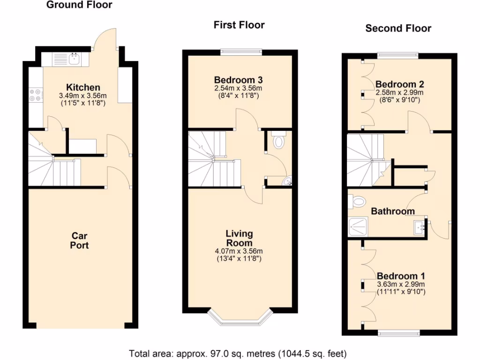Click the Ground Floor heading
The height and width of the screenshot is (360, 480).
click(x=79, y=5)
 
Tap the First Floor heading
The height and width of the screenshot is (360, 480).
click(x=239, y=25)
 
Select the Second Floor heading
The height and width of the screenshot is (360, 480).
click(x=398, y=28)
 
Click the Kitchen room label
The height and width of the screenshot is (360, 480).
click(x=83, y=88)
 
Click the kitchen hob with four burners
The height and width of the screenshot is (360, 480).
click(x=35, y=95)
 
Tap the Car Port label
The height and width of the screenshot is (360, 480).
click(x=80, y=240)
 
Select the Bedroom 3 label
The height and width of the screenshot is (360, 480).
click(x=238, y=79)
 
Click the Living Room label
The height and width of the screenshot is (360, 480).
click(x=239, y=238)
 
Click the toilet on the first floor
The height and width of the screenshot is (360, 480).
click(x=278, y=141)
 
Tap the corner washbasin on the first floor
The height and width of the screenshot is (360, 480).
click(x=286, y=181)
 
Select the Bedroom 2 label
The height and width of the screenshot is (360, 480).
click(x=399, y=84)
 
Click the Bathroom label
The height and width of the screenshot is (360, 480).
click(x=393, y=211)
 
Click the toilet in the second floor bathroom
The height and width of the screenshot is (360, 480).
click(x=357, y=202)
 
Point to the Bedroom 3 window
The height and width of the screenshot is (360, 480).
click(x=241, y=52)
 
